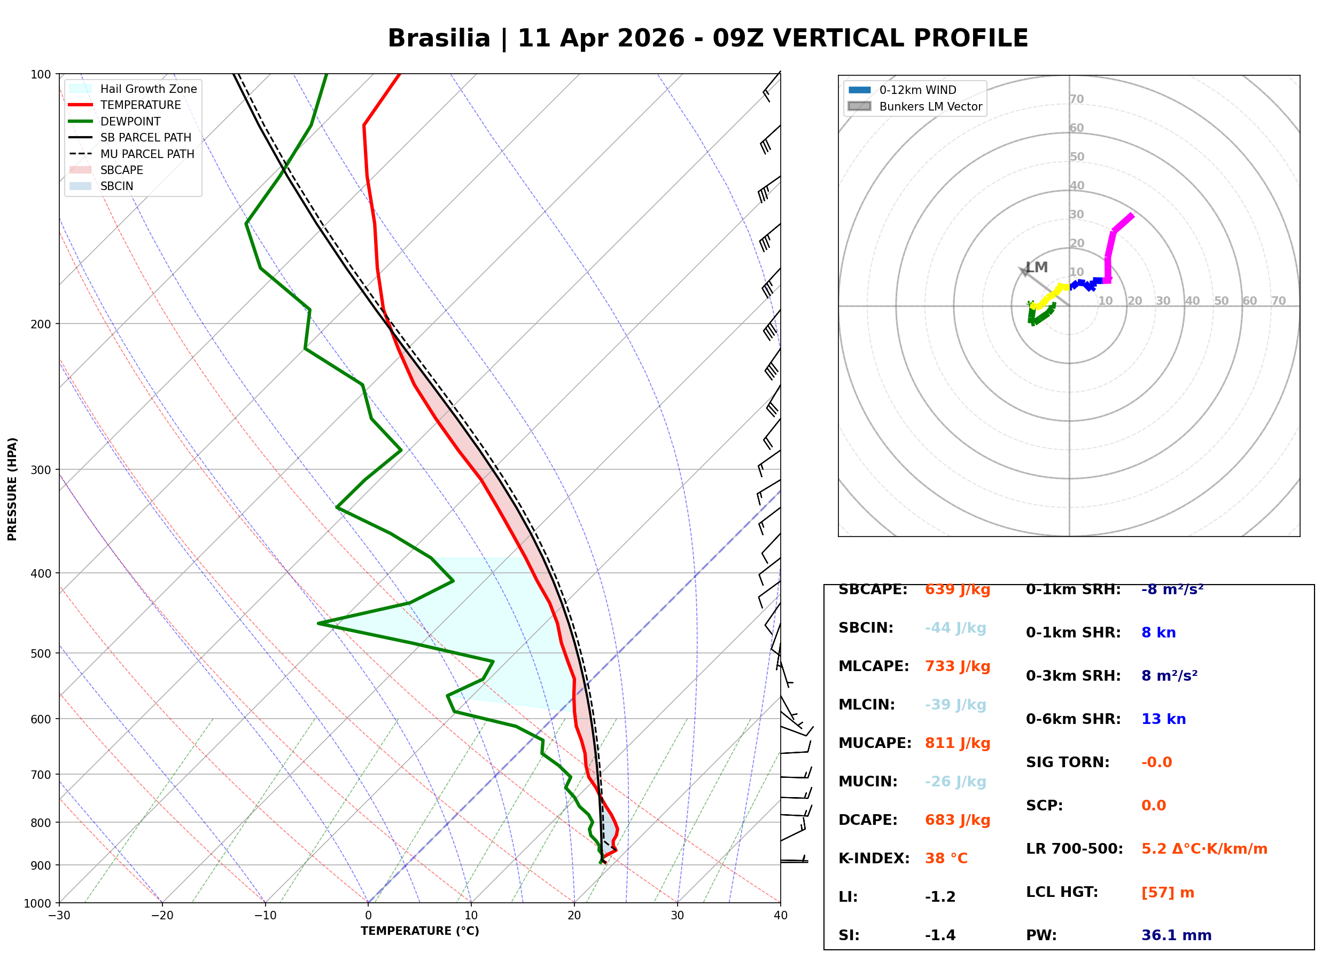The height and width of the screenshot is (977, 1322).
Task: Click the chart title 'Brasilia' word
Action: tap(439, 39)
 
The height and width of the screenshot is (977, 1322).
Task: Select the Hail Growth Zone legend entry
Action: tap(148, 89)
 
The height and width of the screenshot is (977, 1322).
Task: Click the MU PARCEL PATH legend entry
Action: tap(147, 154)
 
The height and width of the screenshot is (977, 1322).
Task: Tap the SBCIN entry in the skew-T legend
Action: tap(116, 186)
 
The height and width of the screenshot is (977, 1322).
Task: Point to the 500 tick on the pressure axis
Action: tap(40, 653)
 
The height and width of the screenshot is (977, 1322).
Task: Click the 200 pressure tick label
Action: tap(40, 324)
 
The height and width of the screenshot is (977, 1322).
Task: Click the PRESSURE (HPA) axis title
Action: tap(12, 489)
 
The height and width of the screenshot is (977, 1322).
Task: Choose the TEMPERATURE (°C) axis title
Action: tap(419, 932)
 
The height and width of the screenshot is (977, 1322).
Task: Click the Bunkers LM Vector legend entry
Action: tap(930, 106)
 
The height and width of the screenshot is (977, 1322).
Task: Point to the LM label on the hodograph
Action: tap(1036, 267)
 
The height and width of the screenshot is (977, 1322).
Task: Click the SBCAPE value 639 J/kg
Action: tap(957, 589)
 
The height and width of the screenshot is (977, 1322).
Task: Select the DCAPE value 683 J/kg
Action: tap(957, 820)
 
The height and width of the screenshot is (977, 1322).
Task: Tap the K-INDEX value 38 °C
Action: tap(946, 858)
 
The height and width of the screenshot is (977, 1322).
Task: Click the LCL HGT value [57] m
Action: tap(1167, 893)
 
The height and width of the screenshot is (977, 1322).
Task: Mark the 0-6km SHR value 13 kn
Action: tap(1163, 720)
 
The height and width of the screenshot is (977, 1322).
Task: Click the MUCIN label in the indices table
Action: tap(867, 782)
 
